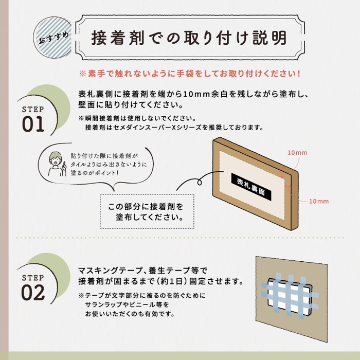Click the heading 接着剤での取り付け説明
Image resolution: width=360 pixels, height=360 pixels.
click(189, 38)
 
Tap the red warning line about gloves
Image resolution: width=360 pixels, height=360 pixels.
click(190, 74)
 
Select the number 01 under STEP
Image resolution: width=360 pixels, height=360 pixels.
click(33, 124)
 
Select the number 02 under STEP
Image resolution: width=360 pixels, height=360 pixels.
click(33, 293)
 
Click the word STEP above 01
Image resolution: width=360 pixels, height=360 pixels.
click(33, 109)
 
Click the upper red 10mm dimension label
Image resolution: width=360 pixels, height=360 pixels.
click(297, 153)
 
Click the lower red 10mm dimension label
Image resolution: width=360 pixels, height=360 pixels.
click(319, 202)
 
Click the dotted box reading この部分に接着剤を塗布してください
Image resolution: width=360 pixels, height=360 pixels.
click(147, 211)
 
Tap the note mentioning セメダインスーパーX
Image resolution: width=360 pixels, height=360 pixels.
click(174, 127)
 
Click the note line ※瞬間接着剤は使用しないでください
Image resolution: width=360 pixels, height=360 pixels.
click(137, 118)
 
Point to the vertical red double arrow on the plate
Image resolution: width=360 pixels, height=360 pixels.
click(283, 174)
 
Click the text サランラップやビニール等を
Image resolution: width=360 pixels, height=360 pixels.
click(127, 304)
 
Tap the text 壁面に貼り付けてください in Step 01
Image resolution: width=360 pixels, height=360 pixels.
click(131, 105)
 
